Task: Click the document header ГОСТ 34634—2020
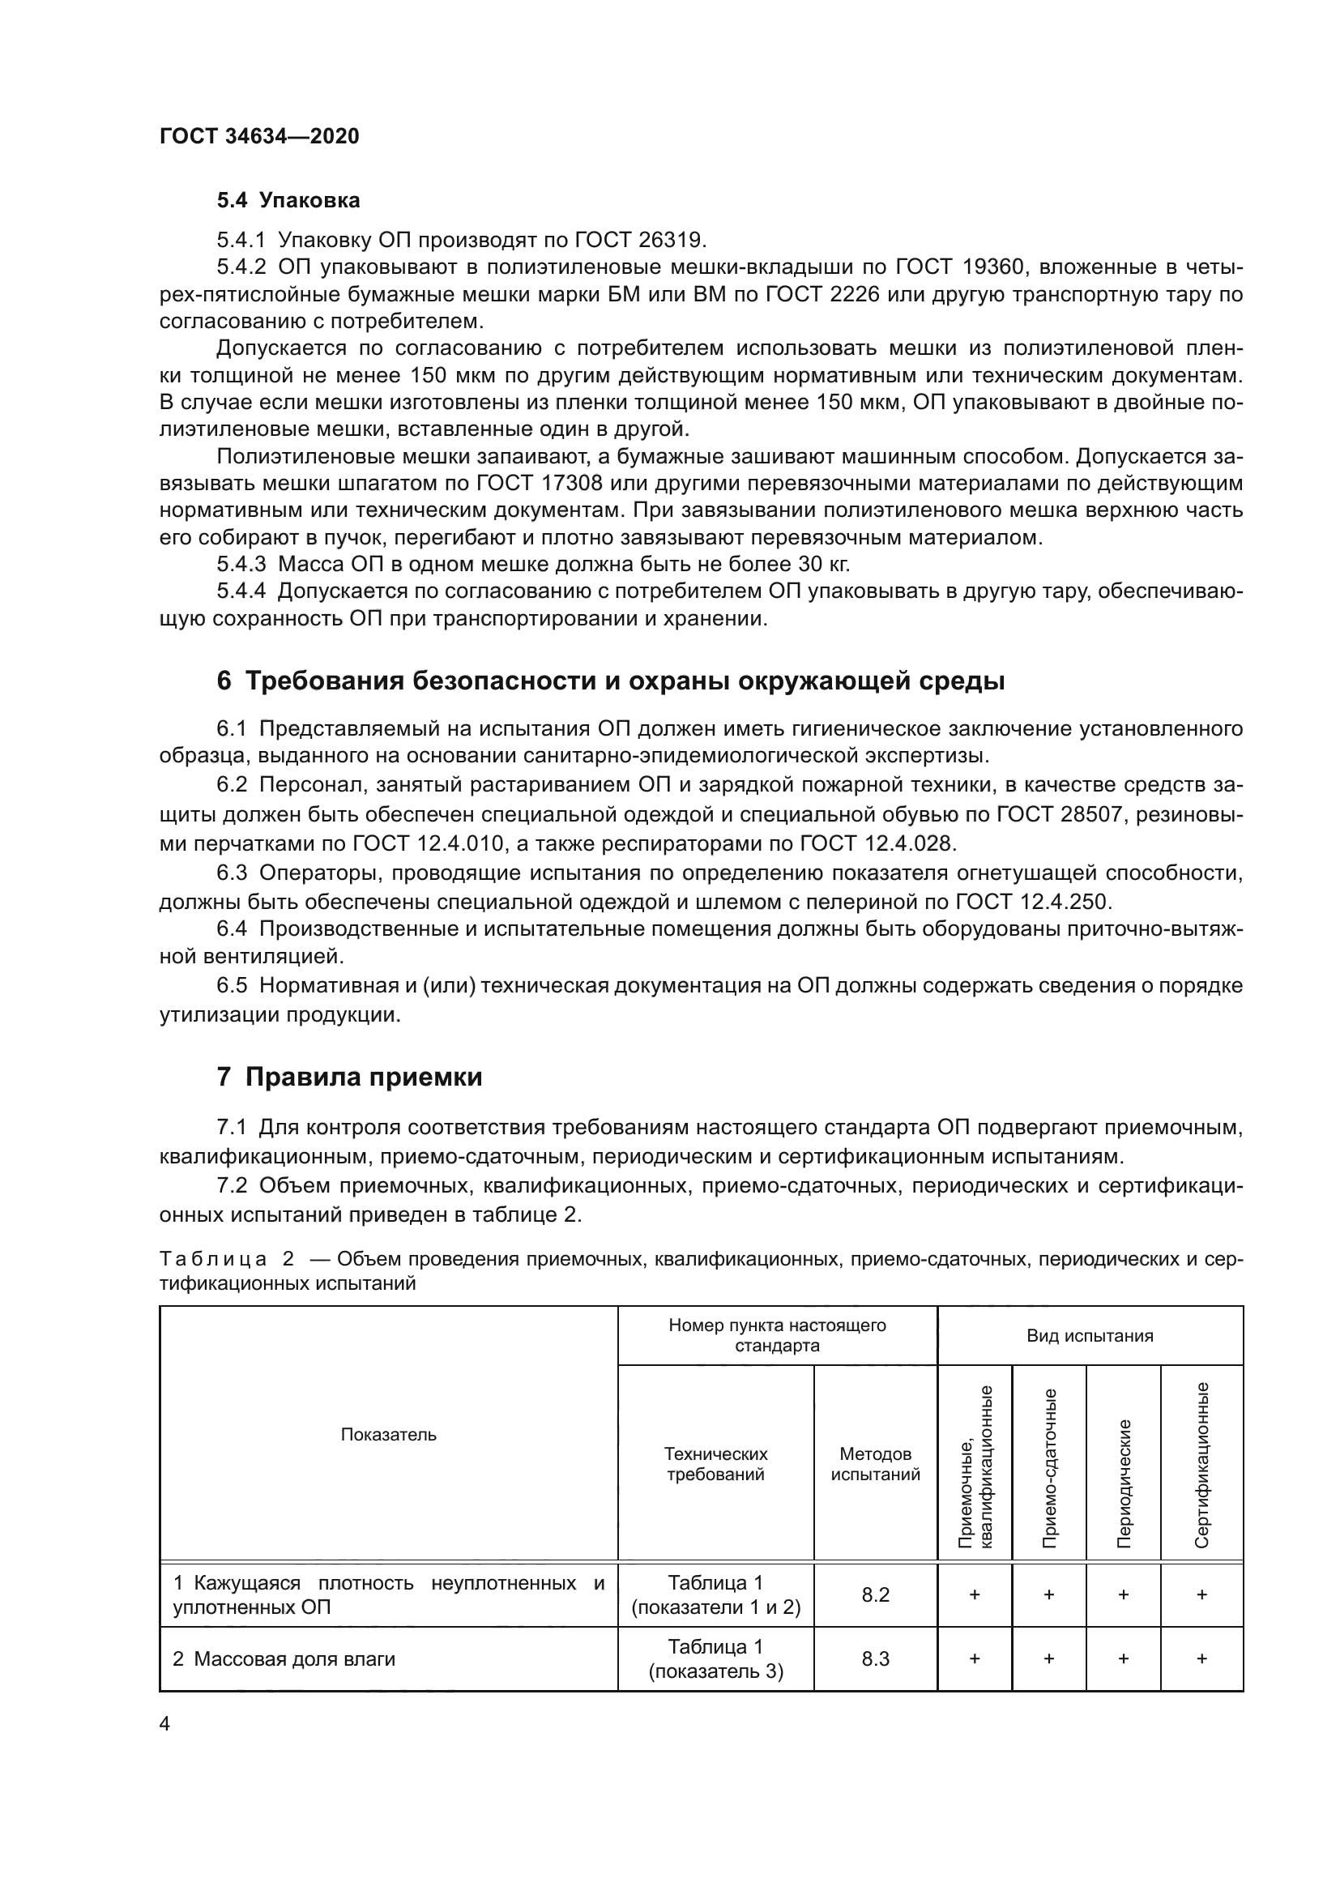259,136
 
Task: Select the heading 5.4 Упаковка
288,201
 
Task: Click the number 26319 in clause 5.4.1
672,240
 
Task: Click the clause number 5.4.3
241,565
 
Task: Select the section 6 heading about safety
611,681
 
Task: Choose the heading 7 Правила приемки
349,1077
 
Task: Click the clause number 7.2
232,1185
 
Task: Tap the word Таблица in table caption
213,1259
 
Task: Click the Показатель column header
388,1435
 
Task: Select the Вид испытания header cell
1089,1335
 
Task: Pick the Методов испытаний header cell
875,1463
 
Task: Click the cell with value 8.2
875,1594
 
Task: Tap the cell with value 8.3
875,1659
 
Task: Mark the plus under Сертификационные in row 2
1201,1659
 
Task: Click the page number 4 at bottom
164,1724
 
